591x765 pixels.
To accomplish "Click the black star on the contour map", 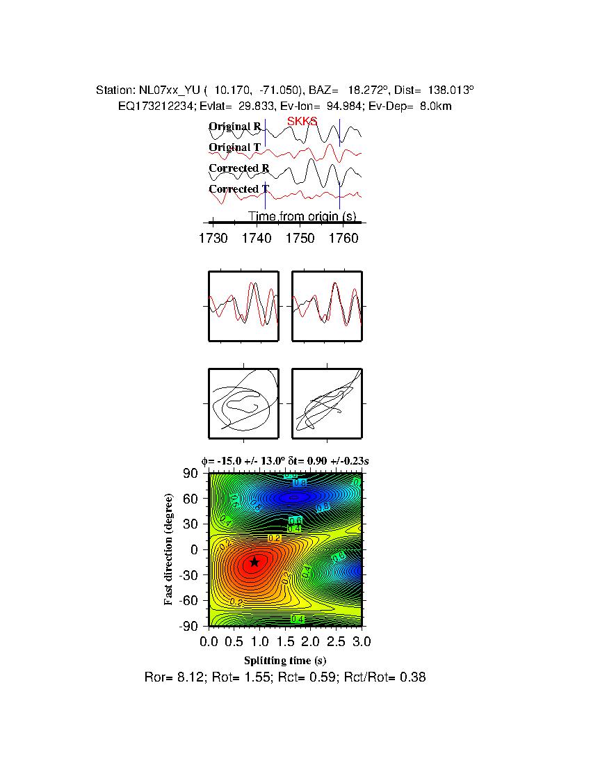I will tap(254, 561).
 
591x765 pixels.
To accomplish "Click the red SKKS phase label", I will tap(302, 121).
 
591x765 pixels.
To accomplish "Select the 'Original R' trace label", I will tap(234, 127).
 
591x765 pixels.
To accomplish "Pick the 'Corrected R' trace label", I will tap(238, 168).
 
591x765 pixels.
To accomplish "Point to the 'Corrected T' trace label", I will tap(238, 189).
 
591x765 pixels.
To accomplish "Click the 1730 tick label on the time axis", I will tap(213, 238).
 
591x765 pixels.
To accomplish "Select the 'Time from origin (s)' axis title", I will tap(302, 216).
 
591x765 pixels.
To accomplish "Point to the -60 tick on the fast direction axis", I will tap(190, 600).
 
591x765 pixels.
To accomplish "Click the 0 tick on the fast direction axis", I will tap(196, 549).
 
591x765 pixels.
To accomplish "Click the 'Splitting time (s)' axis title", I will tap(285, 660).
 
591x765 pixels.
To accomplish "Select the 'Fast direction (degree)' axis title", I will tap(169, 549).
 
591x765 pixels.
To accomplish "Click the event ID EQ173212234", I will tap(154, 106).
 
